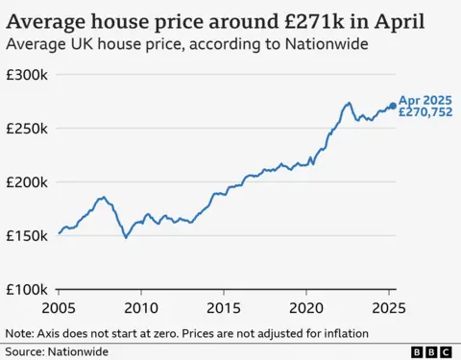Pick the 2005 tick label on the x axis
coord(59,308)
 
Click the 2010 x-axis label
coord(141,308)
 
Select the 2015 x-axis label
coord(224,308)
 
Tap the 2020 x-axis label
coord(306,308)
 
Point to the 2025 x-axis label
coord(388,308)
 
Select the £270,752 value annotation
coord(425,112)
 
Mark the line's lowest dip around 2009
coord(126,237)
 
